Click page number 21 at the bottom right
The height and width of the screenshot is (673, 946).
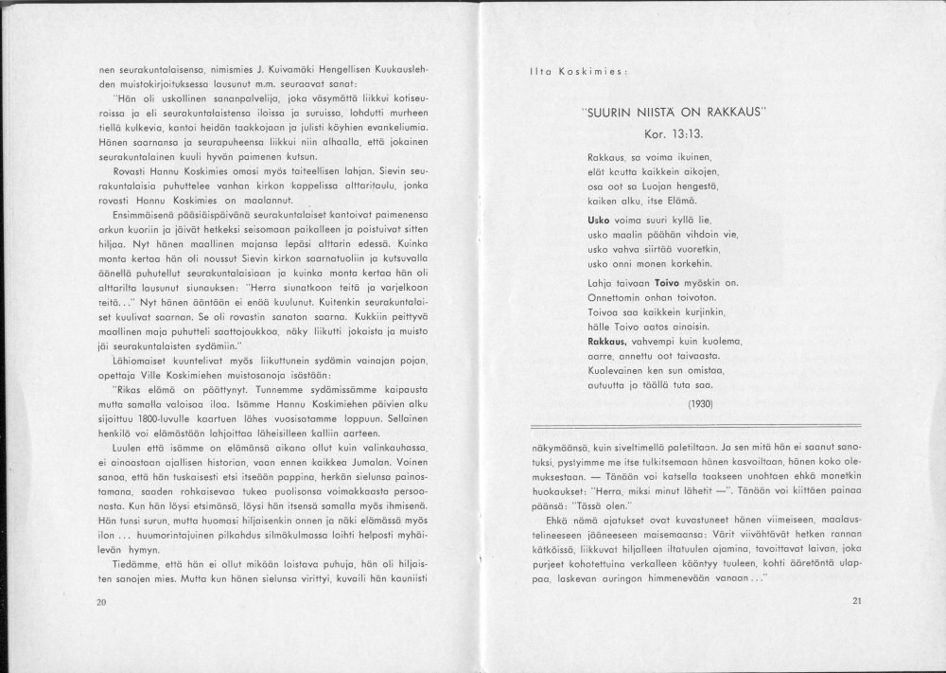857,600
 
